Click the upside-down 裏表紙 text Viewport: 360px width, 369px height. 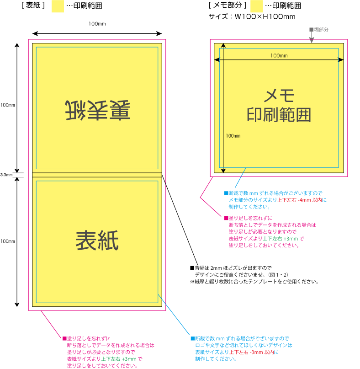pyautogui.click(x=97, y=110)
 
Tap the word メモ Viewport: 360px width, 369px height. pyautogui.click(x=279, y=96)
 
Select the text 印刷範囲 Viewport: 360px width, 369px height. pyautogui.click(x=279, y=115)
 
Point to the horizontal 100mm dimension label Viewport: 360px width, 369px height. pyautogui.click(x=279, y=56)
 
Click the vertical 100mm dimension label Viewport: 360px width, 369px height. pyautogui.click(x=233, y=136)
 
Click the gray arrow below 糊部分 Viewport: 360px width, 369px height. pyautogui.click(x=312, y=39)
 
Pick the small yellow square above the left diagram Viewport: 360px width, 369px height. pyautogui.click(x=58, y=6)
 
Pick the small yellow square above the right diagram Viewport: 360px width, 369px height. pyautogui.click(x=257, y=6)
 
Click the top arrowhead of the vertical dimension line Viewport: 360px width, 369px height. pyautogui.click(x=223, y=46)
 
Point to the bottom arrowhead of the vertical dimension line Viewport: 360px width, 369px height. pyautogui.click(x=223, y=171)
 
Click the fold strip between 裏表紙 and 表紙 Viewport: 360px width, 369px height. pyautogui.click(x=97, y=175)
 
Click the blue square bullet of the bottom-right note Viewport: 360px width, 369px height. pyautogui.click(x=192, y=339)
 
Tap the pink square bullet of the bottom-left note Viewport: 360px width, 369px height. pyautogui.click(x=64, y=339)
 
